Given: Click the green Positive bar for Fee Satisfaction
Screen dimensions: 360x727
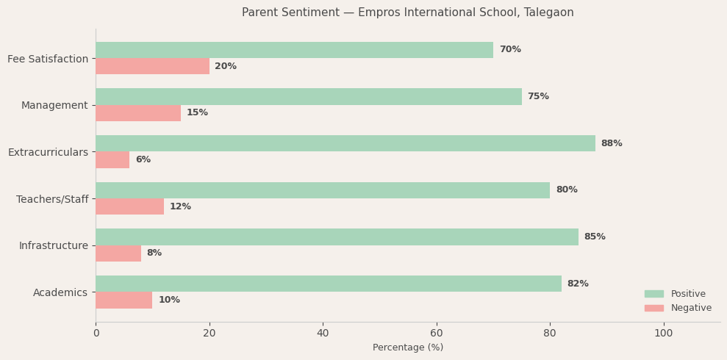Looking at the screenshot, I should coord(294,50).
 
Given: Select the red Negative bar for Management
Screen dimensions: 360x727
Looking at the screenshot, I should coord(138,113).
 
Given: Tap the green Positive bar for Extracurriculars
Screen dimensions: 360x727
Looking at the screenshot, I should coord(345,143).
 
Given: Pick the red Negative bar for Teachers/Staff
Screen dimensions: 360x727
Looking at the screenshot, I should coord(129,206).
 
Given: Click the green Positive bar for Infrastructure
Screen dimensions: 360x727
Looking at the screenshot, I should coord(337,237).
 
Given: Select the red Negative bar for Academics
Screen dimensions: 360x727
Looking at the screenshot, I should coord(123,300).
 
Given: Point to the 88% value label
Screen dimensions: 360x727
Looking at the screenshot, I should coord(612,143).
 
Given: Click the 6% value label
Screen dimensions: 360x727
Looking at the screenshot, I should coord(143,159).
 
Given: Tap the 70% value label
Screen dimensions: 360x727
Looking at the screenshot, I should coord(510,50).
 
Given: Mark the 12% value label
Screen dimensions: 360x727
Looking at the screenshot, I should coord(180,206).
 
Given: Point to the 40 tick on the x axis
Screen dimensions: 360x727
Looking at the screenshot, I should coord(323,334).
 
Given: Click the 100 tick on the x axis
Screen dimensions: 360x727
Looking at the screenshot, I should coord(664,334).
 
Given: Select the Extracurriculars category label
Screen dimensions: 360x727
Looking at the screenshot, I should coord(48,152).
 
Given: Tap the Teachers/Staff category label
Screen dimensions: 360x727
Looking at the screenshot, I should coord(52,199).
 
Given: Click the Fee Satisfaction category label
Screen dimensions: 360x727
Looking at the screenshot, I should coord(48,59).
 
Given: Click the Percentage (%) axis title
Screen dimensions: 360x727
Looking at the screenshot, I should coord(408,348).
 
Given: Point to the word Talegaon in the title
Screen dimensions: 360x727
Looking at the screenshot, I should coord(548,12).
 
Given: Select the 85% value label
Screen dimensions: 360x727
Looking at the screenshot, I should coord(595,237).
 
